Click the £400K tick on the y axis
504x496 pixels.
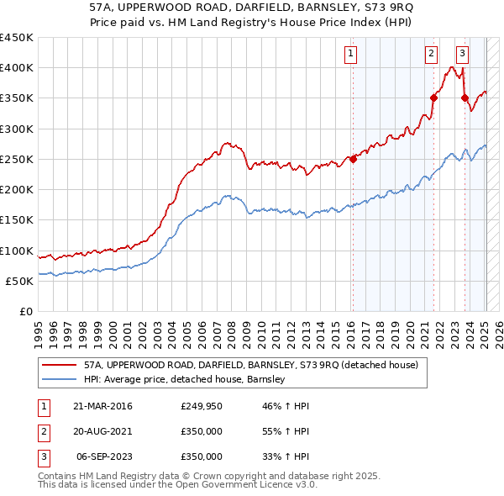17,68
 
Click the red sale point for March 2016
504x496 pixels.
354,159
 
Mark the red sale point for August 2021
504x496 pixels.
434,98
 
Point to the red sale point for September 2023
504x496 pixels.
465,98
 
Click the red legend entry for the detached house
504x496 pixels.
245,365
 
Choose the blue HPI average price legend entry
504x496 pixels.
185,379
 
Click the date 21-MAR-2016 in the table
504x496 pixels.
102,406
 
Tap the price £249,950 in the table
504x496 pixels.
202,406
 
